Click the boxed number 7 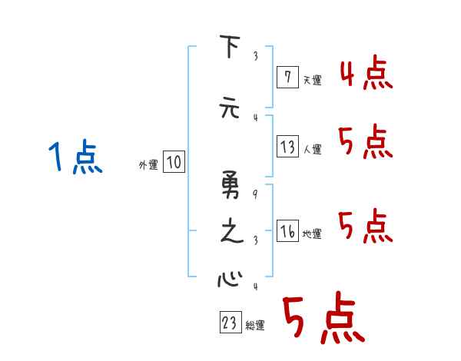click(x=287, y=77)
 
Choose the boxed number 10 click(x=174, y=162)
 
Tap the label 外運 click(x=148, y=164)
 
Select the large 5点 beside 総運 click(x=323, y=320)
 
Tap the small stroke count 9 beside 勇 click(x=254, y=194)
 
